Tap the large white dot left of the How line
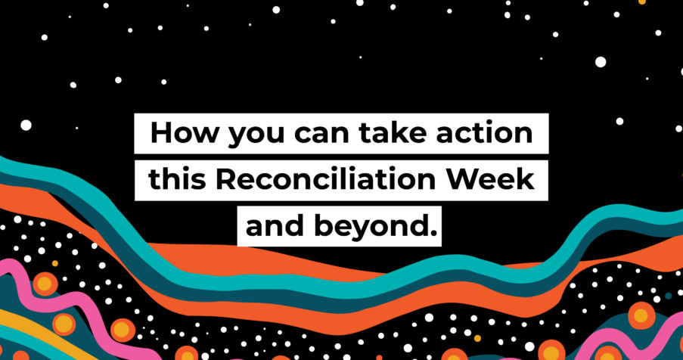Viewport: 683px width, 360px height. tap(26, 125)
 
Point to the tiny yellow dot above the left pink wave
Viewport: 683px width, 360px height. tap(55, 263)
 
